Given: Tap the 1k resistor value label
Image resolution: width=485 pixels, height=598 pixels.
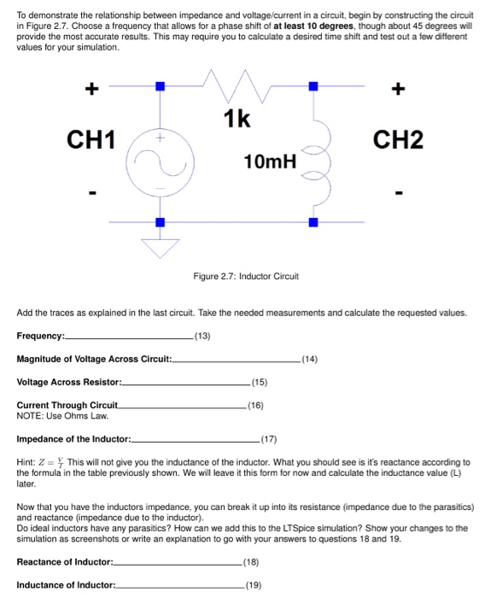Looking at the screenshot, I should click(x=238, y=120).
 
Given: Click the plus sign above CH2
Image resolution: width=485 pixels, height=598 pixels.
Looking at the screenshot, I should click(x=395, y=87).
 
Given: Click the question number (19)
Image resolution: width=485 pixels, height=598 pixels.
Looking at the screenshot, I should click(x=254, y=585).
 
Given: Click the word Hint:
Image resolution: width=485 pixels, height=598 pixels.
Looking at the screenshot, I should click(x=28, y=462).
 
